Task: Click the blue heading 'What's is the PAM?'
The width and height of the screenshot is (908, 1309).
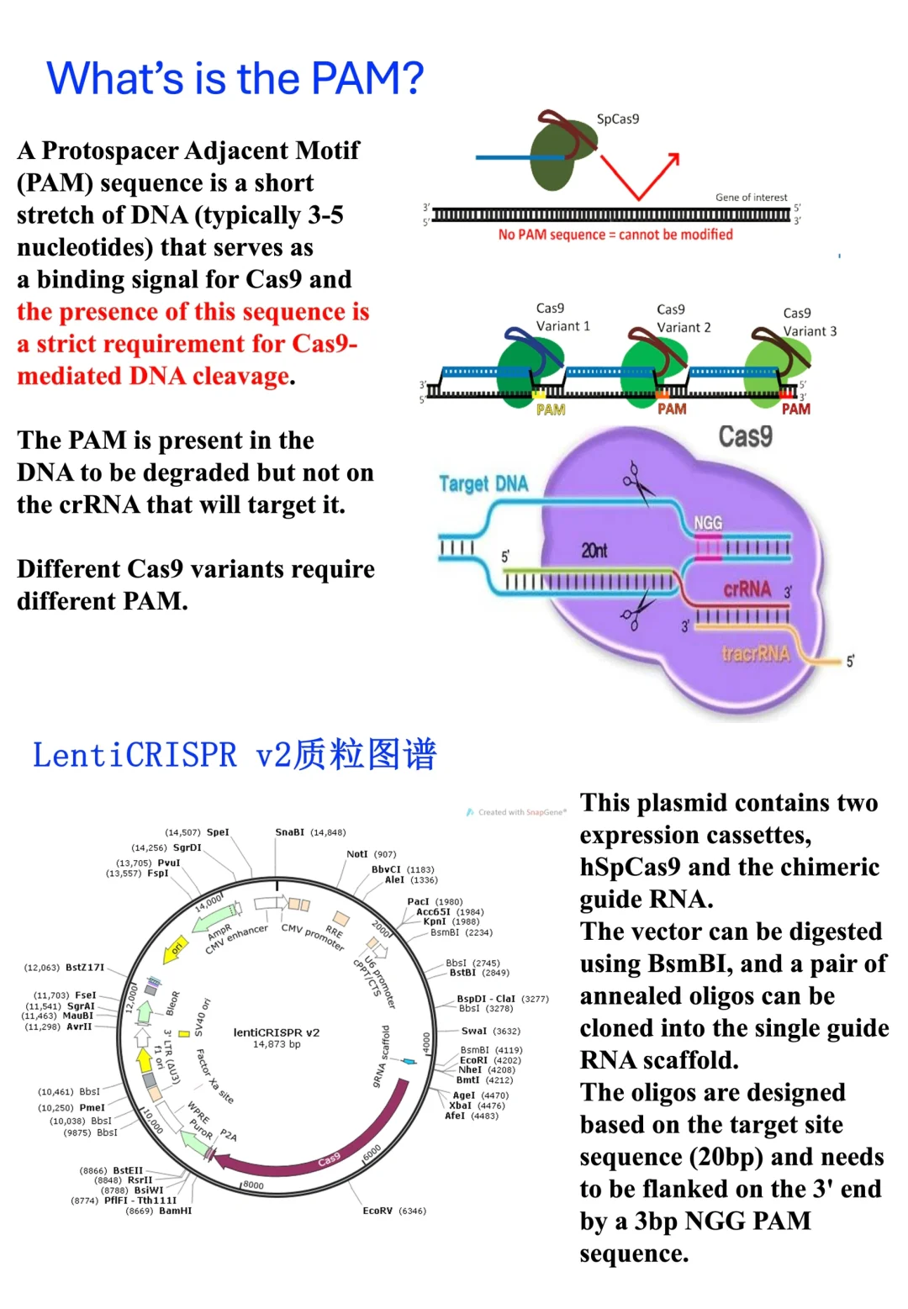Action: click(235, 78)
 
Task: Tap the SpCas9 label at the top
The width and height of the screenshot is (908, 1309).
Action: click(618, 119)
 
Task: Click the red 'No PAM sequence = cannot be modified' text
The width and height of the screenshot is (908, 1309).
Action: click(615, 235)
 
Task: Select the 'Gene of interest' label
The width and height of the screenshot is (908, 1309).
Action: click(751, 198)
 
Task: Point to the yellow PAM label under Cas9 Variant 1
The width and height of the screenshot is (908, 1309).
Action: click(551, 409)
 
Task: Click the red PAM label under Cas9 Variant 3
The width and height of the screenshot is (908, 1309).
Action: click(795, 409)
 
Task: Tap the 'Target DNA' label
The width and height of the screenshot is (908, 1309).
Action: click(483, 483)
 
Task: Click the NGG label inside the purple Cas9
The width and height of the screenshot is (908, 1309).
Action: click(708, 523)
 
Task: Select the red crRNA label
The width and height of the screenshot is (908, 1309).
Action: click(747, 589)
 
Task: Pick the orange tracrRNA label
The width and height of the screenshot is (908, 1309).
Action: click(755, 654)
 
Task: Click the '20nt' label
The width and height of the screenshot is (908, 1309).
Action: click(594, 551)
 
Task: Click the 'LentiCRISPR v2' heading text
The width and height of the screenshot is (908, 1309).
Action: click(135, 755)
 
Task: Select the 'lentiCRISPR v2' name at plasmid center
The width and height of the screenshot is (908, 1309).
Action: click(277, 1032)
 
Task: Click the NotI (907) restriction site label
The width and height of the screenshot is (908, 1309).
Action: click(371, 854)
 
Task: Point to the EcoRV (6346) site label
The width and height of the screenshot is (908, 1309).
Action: click(393, 1211)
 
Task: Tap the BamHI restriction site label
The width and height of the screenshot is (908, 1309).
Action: click(175, 1211)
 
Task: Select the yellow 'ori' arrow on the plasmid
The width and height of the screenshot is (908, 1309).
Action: click(175, 947)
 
